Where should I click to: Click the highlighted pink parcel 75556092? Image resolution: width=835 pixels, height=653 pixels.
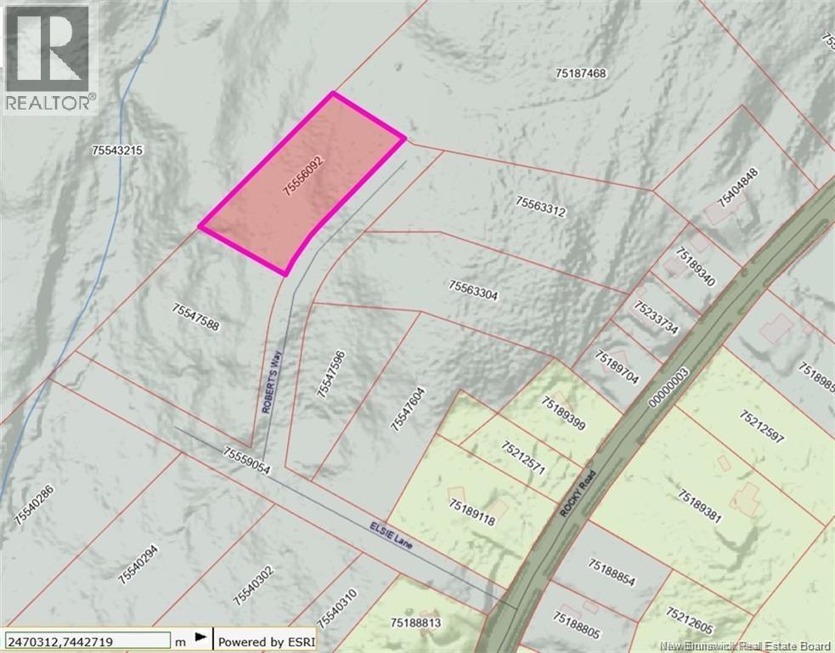pyautogui.click(x=302, y=182)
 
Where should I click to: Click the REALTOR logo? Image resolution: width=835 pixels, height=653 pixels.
pyautogui.click(x=49, y=58)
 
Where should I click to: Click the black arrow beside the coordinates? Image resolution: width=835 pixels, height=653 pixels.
pyautogui.click(x=200, y=637)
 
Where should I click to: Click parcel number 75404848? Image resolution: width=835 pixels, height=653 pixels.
pyautogui.click(x=736, y=187)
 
